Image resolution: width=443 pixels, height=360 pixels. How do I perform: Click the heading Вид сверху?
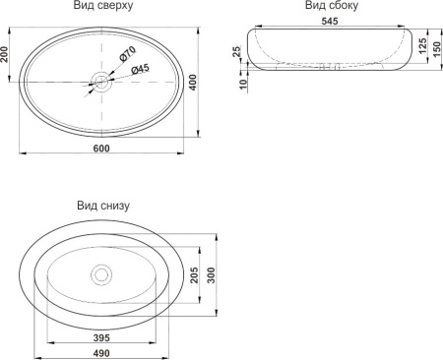pyautogui.click(x=103, y=6)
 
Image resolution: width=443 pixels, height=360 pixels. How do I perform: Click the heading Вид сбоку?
pyautogui.click(x=332, y=5)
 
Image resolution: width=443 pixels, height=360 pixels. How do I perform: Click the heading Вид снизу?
pyautogui.click(x=103, y=206)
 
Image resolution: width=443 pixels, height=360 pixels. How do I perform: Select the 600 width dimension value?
pyautogui.click(x=101, y=149)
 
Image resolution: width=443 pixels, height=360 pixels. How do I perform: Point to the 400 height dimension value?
pyautogui.click(x=194, y=83)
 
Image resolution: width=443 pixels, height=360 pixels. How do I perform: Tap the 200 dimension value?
pyautogui.click(x=4, y=54)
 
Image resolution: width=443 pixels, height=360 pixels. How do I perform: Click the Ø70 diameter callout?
pyautogui.click(x=127, y=54)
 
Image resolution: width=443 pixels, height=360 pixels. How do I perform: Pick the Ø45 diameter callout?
pyautogui.click(x=140, y=69)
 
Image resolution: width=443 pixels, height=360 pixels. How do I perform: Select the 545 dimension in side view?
pyautogui.click(x=330, y=21)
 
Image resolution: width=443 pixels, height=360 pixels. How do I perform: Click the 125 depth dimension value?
pyautogui.click(x=422, y=45)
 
